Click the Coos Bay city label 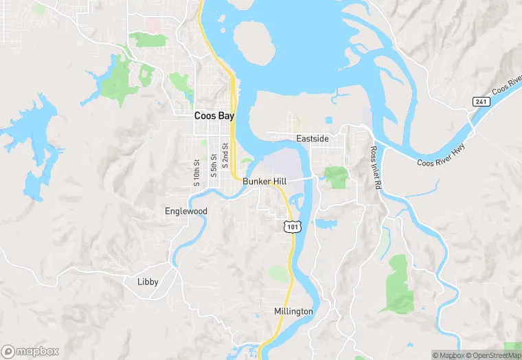click(x=214, y=116)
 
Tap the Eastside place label click(x=312, y=139)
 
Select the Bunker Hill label click(x=264, y=181)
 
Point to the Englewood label click(x=185, y=211)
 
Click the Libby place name click(x=148, y=282)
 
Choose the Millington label click(x=293, y=311)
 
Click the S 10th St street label click(x=196, y=172)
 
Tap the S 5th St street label click(x=214, y=167)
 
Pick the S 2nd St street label click(x=225, y=166)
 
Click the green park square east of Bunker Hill click(x=336, y=177)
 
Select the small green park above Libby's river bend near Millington click(x=279, y=274)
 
